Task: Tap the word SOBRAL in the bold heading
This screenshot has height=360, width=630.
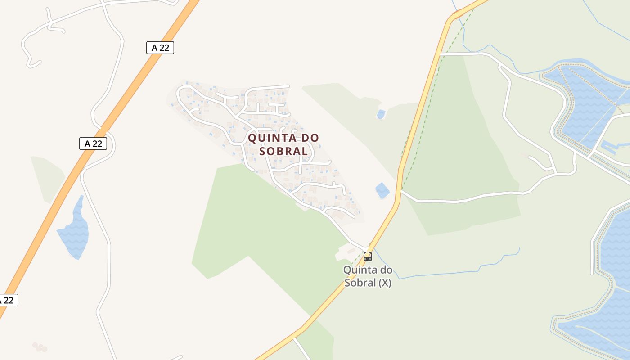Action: [x=283, y=151]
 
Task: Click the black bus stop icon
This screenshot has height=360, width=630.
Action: [x=368, y=256]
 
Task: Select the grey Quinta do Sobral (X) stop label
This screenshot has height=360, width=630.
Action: [x=368, y=276]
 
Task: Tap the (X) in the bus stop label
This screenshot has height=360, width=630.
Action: [x=384, y=283]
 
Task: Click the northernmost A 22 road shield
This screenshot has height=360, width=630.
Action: [x=160, y=48]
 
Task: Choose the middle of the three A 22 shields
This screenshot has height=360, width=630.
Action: [x=93, y=144]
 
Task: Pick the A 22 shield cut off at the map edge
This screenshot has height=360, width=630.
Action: [x=8, y=300]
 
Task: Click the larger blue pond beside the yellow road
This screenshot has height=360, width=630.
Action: [x=382, y=190]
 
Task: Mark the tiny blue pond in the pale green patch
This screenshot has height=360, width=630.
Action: [x=381, y=114]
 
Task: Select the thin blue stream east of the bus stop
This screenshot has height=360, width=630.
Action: [x=450, y=272]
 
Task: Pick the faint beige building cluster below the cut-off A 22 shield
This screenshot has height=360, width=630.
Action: [x=40, y=347]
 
